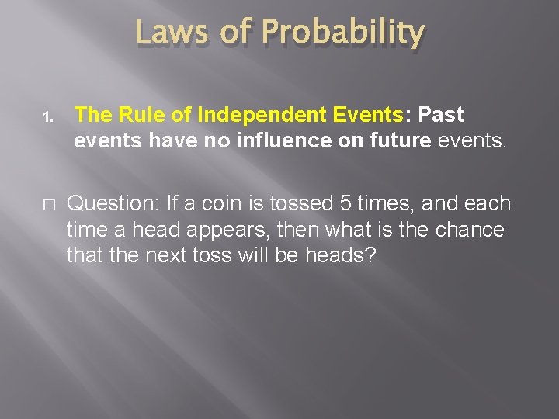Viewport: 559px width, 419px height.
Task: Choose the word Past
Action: pyautogui.click(x=440, y=115)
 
